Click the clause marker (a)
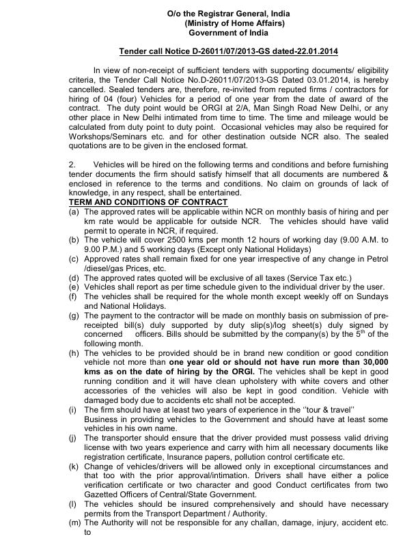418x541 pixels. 73,213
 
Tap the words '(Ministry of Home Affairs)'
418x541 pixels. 229,23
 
